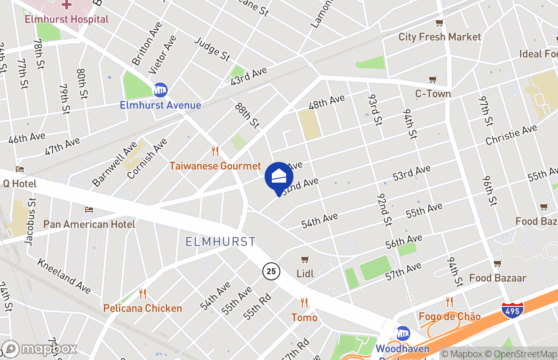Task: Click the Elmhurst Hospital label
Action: (66, 19)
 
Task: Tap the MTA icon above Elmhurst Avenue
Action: (160, 90)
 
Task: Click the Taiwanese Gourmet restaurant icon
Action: (215, 151)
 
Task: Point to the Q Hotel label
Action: (19, 184)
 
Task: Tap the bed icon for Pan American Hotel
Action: (89, 210)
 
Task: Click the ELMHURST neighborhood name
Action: (220, 242)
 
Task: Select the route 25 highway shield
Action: (271, 271)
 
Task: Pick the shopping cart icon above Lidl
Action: (305, 260)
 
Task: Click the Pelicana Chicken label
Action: (143, 308)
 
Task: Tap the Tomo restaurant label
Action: (304, 318)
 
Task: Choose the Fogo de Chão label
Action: (450, 316)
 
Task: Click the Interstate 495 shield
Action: (512, 310)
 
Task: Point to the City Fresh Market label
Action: (440, 37)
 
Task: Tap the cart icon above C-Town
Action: (433, 80)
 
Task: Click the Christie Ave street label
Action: (511, 135)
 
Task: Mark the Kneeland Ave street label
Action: (64, 276)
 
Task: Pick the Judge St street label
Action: (212, 49)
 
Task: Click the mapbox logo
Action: (40, 349)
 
